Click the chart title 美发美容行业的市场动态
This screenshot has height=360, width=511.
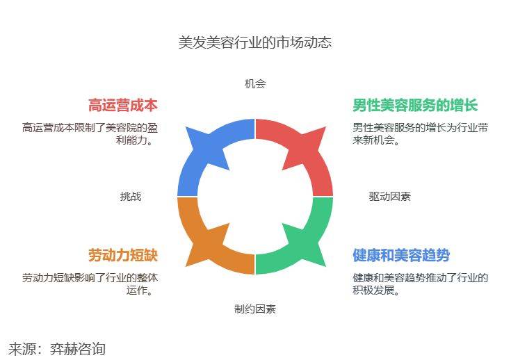pos(255,42)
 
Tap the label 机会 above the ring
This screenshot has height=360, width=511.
pos(255,84)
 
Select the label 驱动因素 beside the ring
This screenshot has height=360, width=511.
pos(389,197)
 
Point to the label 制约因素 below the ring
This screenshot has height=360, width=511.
pos(255,309)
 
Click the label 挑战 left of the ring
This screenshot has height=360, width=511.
pos(131,197)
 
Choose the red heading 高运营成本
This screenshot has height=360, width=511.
pos(123,106)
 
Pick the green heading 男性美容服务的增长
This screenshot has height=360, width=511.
pos(415,106)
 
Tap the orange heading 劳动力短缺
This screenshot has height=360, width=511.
pos(123,256)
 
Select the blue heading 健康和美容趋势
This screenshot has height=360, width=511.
pos(400,256)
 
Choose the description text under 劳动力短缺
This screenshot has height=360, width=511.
pos(90,284)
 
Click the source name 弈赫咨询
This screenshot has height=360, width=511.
pos(78,348)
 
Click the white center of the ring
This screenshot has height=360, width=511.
pos(255,197)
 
